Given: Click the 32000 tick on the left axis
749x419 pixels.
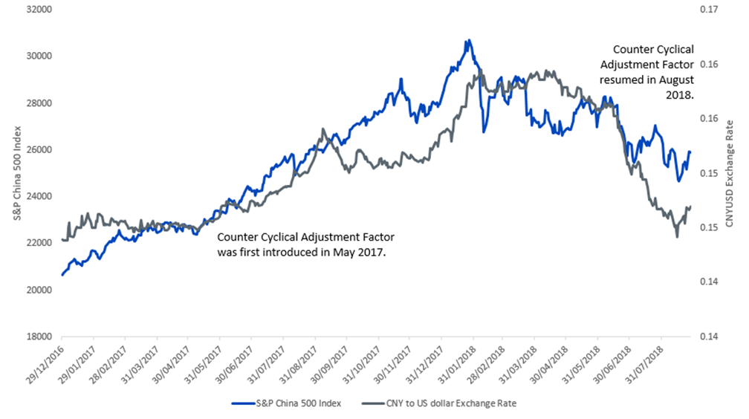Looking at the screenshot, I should click(42, 10).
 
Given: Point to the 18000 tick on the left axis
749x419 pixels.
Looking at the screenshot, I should click(42, 337).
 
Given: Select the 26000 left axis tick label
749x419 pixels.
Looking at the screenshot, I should click(42, 149).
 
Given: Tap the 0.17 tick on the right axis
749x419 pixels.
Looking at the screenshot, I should click(707, 10).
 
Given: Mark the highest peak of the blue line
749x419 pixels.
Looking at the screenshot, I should click(467, 40).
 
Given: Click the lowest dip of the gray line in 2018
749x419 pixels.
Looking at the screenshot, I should click(677, 236).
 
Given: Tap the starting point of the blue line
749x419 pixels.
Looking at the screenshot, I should click(62, 275).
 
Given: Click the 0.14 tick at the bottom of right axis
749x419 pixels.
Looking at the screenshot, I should click(707, 337).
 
